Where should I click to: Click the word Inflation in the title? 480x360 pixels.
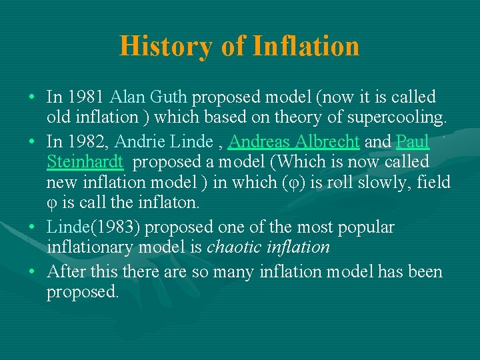pos(306,47)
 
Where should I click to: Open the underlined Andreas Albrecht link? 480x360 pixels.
pos(294,141)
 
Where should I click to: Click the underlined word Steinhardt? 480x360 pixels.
pos(85,162)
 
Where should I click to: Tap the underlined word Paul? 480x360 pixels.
pos(413,141)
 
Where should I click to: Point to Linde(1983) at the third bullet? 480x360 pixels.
pos(93,227)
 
